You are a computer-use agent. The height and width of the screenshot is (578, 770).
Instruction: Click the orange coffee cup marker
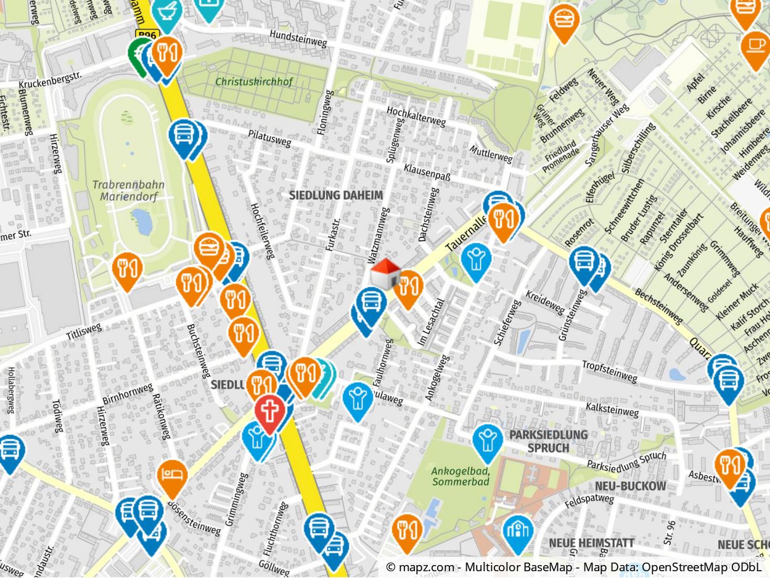coord(755,46)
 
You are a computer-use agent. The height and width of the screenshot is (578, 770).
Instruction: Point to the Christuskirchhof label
coord(254,81)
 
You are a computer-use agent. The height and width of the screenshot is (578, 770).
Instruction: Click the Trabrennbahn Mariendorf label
coord(125,190)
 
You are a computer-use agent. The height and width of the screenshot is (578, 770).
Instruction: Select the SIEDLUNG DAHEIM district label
coord(336,195)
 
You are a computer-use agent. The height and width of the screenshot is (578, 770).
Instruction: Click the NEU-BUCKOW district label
coord(630,486)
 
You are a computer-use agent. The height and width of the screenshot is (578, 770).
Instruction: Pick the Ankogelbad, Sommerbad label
coord(461,476)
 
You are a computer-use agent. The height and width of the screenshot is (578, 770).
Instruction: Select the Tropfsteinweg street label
coord(609,372)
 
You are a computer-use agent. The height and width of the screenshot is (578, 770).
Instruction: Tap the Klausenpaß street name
coord(427,172)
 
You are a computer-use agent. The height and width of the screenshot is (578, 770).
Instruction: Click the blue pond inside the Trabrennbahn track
coord(142,221)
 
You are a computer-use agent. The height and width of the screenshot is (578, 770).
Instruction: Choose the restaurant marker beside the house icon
coord(408,287)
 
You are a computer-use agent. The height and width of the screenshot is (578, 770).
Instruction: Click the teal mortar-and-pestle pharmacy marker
coord(166,12)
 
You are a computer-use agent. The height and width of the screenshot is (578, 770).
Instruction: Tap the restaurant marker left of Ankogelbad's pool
coord(407,531)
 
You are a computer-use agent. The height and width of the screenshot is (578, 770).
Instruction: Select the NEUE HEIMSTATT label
coord(591,543)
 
